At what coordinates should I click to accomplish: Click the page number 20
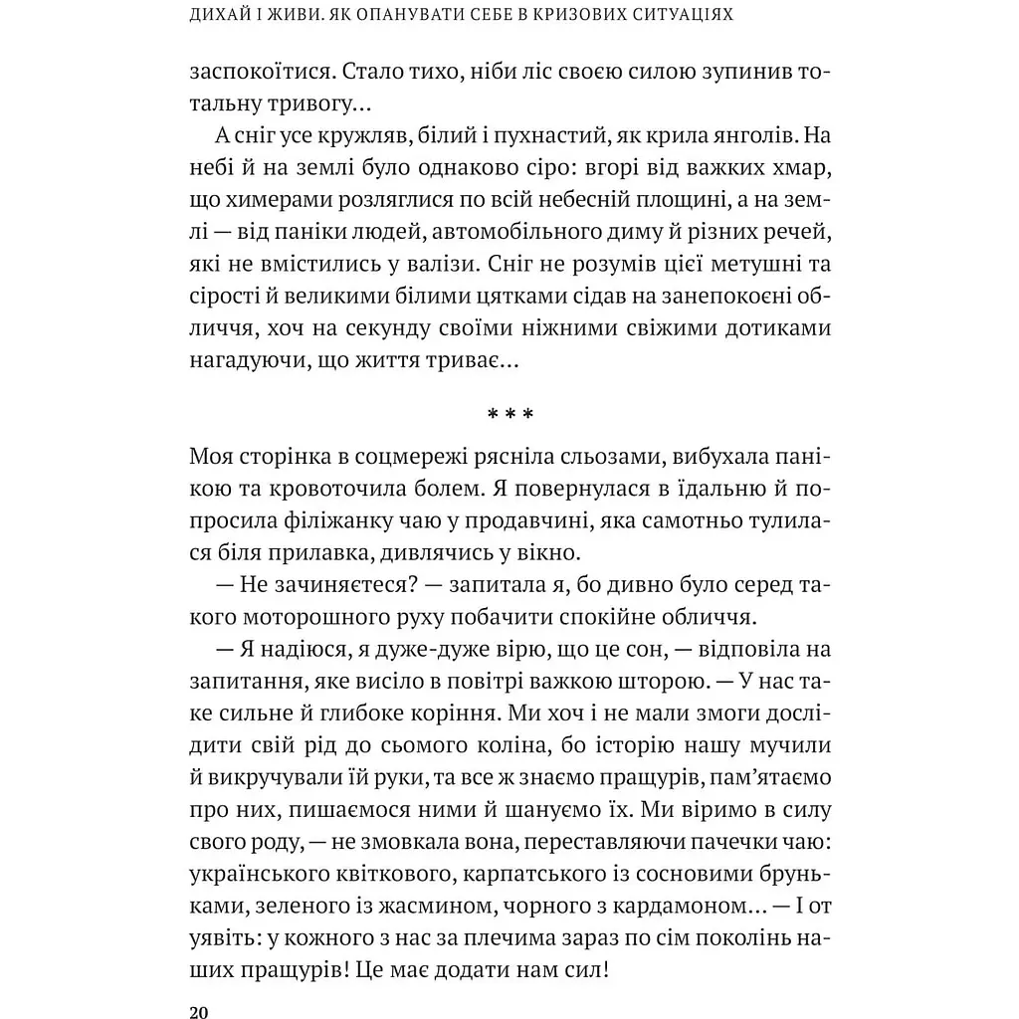(x=197, y=1012)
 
